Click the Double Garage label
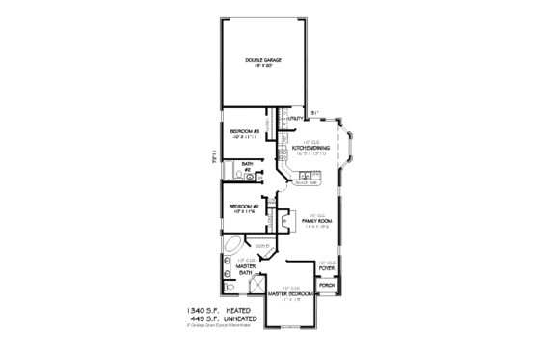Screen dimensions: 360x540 click(x=263, y=62)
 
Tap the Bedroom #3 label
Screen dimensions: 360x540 click(x=241, y=129)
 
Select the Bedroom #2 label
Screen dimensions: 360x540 click(x=241, y=206)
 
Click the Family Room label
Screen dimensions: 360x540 click(x=316, y=221)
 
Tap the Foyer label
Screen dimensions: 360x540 click(x=326, y=266)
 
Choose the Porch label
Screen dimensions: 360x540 click(x=327, y=287)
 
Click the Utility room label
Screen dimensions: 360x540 click(x=310, y=118)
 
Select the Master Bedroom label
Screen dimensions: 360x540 click(x=292, y=293)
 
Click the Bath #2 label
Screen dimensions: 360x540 click(x=247, y=167)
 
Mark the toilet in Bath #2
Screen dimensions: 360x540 click(x=230, y=176)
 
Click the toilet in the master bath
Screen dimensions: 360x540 click(x=227, y=289)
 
